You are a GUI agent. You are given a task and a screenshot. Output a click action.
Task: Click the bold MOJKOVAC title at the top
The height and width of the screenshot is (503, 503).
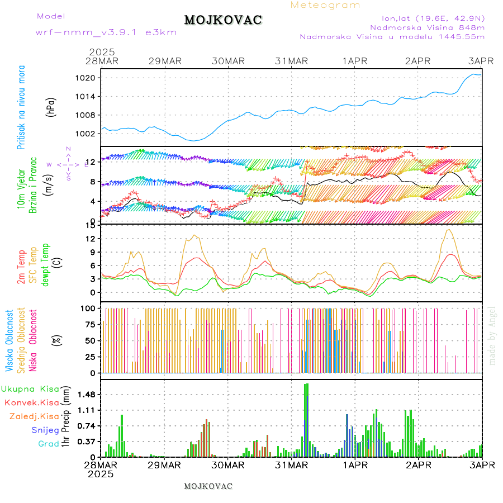click(x=223, y=20)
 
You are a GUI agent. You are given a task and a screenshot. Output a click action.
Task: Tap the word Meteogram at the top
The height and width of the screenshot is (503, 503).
click(x=325, y=5)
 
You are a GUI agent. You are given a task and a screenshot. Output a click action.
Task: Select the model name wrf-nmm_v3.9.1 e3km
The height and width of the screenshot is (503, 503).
click(x=106, y=32)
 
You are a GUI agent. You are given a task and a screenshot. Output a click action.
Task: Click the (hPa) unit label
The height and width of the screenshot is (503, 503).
click(x=51, y=106)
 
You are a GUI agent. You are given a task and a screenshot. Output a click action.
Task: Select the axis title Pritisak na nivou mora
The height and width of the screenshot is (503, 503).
click(x=22, y=111)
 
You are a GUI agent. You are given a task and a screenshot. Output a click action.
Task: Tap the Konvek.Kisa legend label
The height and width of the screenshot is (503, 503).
click(x=31, y=402)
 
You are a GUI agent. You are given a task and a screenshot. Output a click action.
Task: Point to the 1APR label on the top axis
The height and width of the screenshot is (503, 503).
click(x=355, y=61)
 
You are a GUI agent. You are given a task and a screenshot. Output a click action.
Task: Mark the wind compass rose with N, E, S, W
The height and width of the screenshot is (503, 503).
click(x=68, y=164)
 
